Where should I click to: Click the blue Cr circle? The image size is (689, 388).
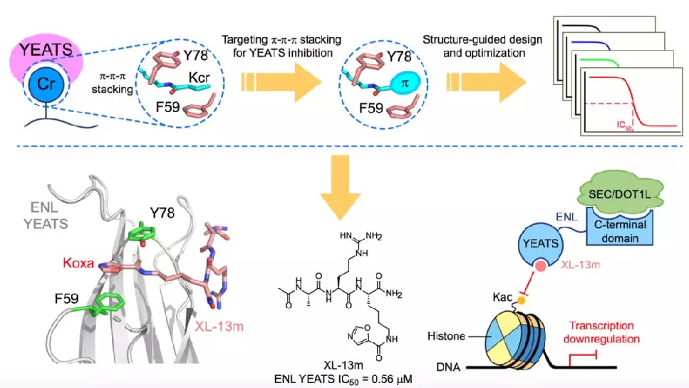(x=46, y=83)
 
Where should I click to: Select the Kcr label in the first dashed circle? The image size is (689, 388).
(x=199, y=78)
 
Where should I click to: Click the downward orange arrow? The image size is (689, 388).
(x=340, y=188)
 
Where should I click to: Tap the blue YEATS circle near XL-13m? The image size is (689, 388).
(x=541, y=244)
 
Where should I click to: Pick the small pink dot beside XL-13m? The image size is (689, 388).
(x=541, y=266)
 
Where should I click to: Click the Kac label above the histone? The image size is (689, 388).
(x=502, y=297)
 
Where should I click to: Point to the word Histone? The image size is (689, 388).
(x=446, y=336)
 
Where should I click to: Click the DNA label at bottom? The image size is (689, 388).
(x=448, y=367)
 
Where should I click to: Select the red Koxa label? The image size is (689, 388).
(x=78, y=263)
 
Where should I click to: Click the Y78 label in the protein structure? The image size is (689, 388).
(x=162, y=213)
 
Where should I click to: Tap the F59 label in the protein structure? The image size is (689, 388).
(x=67, y=299)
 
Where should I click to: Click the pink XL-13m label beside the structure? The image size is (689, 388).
(x=219, y=327)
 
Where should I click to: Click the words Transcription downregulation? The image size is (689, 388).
(x=601, y=332)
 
